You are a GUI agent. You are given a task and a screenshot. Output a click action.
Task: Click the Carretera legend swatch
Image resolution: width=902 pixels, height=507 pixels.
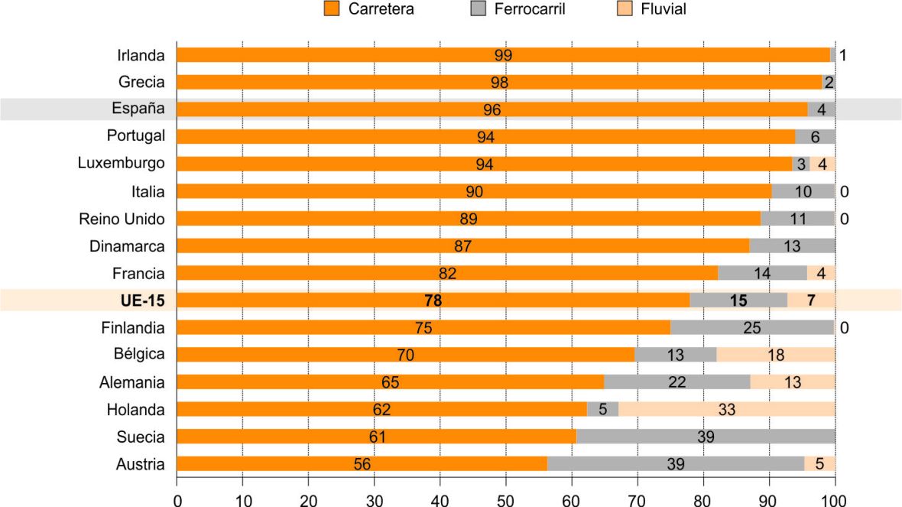click(331, 9)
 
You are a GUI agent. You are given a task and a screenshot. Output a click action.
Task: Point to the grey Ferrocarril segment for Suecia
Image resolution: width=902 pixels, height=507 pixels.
click(706, 437)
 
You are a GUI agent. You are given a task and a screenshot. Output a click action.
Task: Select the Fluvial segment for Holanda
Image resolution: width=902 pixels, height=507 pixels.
click(726, 410)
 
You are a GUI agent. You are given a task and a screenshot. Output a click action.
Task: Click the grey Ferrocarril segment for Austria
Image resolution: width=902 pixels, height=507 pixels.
click(676, 464)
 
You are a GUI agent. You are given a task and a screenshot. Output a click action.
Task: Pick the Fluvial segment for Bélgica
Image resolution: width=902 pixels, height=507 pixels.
click(776, 355)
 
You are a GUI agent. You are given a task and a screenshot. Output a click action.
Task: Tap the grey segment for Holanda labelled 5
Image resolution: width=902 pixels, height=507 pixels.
click(602, 410)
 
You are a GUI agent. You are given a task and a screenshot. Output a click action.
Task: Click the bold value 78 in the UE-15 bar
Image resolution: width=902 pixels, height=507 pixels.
click(433, 301)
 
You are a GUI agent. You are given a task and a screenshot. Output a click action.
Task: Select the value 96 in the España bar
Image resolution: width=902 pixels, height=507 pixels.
click(492, 109)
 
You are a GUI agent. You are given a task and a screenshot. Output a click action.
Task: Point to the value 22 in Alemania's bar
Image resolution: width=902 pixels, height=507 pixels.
click(676, 382)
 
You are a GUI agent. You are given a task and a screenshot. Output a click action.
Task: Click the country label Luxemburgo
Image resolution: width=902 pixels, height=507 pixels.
click(121, 164)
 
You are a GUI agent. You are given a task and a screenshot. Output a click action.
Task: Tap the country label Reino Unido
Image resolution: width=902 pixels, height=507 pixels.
click(122, 219)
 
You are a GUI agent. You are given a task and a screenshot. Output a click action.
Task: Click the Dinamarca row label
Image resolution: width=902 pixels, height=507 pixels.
click(127, 245)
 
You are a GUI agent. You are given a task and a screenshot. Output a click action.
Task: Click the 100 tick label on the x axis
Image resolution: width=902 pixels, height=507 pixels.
click(835, 499)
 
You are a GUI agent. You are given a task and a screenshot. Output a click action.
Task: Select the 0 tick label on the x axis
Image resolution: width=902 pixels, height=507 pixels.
click(177, 499)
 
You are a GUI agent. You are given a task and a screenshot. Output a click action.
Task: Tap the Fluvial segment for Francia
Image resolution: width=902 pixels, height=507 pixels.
click(821, 273)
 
